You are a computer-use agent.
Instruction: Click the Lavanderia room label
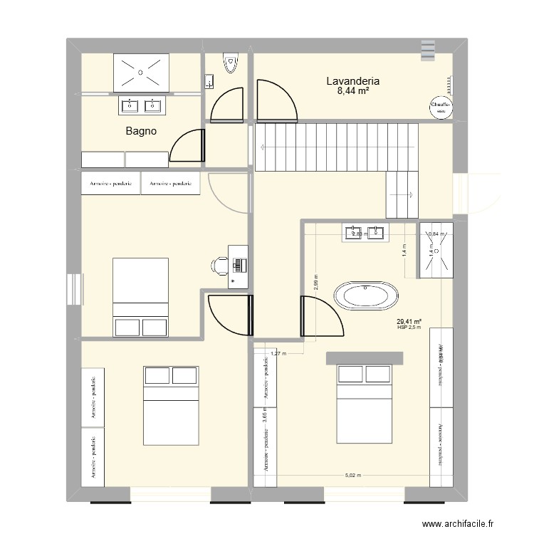[x=357, y=80]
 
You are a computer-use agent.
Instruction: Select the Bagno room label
[x=141, y=131]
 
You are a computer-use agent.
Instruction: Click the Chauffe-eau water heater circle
[x=440, y=108]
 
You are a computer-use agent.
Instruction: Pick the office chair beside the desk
[x=219, y=265]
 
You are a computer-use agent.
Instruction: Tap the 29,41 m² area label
[x=410, y=321]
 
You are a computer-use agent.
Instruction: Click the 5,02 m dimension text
[x=353, y=476]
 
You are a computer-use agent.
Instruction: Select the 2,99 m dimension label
[x=316, y=283]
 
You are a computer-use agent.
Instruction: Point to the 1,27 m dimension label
[x=278, y=353]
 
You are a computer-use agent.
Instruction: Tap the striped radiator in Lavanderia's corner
[x=427, y=49]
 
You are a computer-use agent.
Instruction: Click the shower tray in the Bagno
[x=140, y=72]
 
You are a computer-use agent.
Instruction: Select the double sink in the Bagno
[x=140, y=105]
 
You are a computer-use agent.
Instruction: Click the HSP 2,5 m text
[x=410, y=328]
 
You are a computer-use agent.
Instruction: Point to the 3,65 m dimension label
[x=264, y=414]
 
